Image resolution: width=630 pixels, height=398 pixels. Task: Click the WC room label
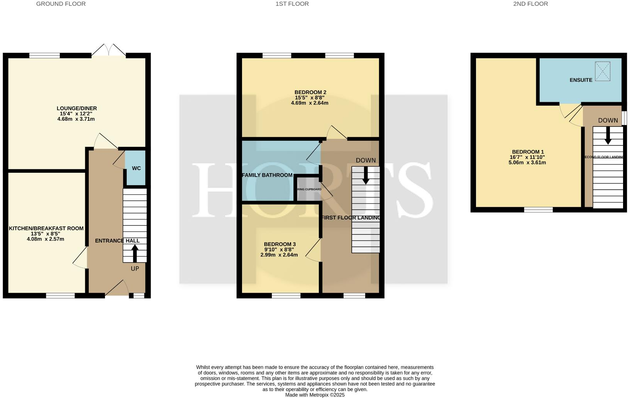click(136, 168)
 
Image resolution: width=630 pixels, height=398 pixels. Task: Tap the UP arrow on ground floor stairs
click(135, 254)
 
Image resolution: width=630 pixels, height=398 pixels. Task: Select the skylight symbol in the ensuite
click(603, 71)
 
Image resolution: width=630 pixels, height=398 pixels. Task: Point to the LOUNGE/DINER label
click(76, 108)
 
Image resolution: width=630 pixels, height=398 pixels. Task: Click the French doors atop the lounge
click(109, 51)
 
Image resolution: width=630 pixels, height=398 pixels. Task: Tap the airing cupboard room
click(308, 189)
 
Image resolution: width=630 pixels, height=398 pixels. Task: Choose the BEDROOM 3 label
click(279, 244)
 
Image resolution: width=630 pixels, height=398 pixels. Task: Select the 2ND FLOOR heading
click(530, 4)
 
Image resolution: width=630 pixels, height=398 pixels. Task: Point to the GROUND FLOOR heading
click(61, 4)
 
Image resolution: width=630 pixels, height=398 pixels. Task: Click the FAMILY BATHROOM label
click(267, 175)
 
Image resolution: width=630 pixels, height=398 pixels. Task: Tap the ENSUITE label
click(581, 80)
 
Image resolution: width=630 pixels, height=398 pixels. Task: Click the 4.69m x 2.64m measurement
click(310, 103)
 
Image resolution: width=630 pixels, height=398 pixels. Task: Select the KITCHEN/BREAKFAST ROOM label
click(46, 228)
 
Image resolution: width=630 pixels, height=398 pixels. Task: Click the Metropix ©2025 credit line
click(315, 395)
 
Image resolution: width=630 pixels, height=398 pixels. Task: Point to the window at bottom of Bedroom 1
click(538, 210)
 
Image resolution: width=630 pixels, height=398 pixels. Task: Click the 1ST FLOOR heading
click(292, 4)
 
